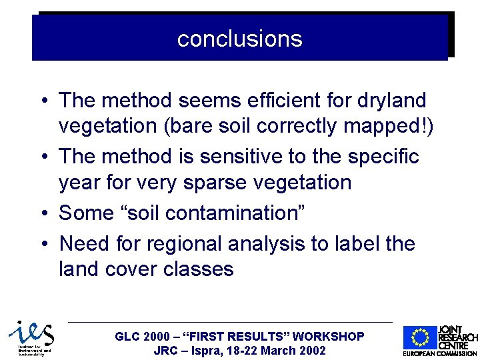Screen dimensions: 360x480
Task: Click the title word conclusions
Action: pyautogui.click(x=239, y=39)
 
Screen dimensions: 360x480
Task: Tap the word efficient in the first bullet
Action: pyautogui.click(x=285, y=101)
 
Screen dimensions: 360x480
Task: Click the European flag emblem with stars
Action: pyautogui.click(x=419, y=338)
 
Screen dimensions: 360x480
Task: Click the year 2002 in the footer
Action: pyautogui.click(x=312, y=351)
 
